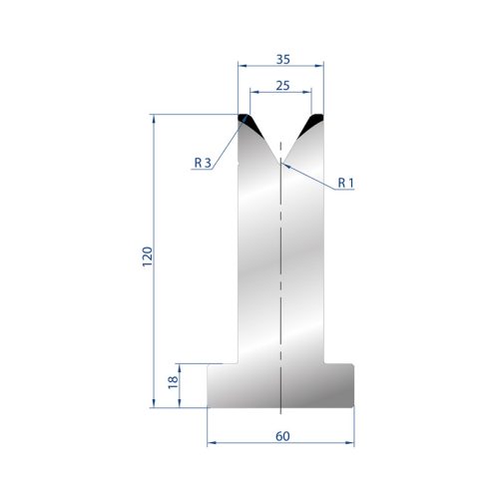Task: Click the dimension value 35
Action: (x=283, y=59)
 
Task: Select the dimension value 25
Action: (x=282, y=86)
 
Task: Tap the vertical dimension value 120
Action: (x=147, y=256)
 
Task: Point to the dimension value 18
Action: (x=173, y=382)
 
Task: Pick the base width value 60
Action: (x=282, y=436)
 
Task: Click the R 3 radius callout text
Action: (x=203, y=163)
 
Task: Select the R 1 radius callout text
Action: (x=346, y=183)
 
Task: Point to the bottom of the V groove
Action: (x=280, y=163)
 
